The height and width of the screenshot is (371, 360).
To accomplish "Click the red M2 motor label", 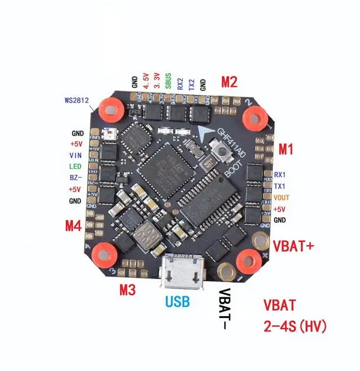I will click(x=229, y=82).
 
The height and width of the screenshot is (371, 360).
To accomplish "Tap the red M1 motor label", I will click(x=285, y=150).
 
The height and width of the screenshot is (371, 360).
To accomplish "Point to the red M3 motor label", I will click(x=128, y=289).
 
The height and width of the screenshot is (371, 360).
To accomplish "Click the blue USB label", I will click(x=178, y=302).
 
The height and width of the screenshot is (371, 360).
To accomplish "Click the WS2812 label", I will click(x=76, y=100).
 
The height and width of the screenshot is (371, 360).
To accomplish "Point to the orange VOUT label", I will click(x=281, y=197).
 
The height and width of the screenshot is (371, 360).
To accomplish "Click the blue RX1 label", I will click(x=280, y=175).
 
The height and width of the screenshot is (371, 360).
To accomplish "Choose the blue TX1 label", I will click(x=280, y=186).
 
